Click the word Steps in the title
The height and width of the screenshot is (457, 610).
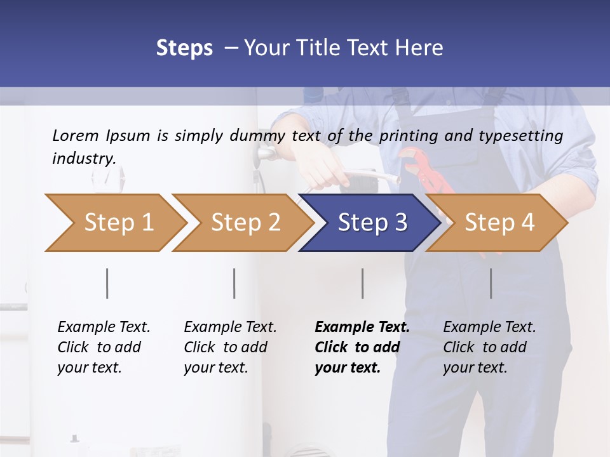point(184,48)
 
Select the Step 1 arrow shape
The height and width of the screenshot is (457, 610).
point(115,223)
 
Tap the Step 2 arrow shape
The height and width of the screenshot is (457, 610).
point(242,223)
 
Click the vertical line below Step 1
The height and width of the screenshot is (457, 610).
point(107,283)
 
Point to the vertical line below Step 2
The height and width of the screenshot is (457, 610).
point(234,283)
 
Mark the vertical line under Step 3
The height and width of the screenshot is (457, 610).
point(363,283)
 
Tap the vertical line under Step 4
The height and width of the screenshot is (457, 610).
point(491,283)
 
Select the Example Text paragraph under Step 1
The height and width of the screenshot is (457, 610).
point(104,347)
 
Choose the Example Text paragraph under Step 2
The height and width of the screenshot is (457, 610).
point(230,347)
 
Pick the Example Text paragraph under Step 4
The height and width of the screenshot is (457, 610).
point(489,347)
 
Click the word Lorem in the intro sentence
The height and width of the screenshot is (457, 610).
point(76,135)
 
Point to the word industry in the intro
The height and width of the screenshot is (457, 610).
point(83,158)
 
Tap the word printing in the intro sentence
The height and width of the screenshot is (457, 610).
point(403,135)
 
